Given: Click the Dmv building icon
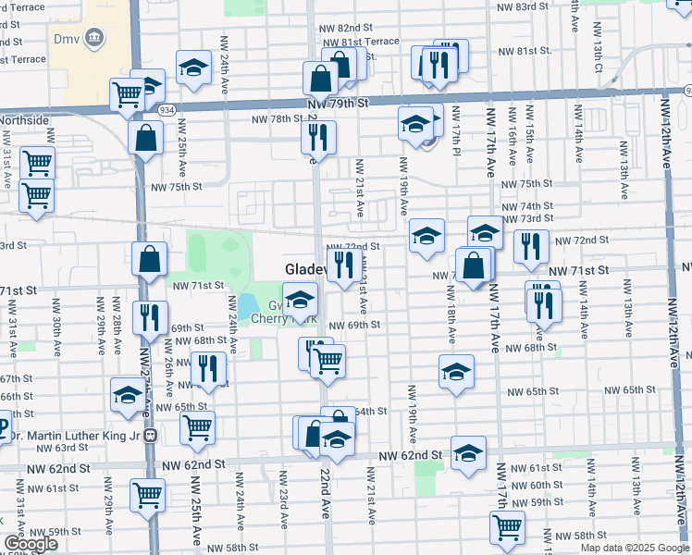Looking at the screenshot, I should point(94,37).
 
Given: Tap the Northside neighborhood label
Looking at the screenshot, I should point(25,120).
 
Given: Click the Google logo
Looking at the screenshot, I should point(31,545).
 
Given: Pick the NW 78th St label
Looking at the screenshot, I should point(277,118).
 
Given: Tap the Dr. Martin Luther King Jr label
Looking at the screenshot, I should point(70,434).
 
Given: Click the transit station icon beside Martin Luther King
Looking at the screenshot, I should point(150,435).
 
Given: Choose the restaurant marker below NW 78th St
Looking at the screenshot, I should point(317,138).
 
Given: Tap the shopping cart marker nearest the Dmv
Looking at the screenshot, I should point(126,93).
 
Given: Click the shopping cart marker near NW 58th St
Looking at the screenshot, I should point(506,526).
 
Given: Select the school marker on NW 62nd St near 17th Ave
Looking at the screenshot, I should point(468,452).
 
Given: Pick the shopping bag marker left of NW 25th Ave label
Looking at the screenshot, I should point(147,139).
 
